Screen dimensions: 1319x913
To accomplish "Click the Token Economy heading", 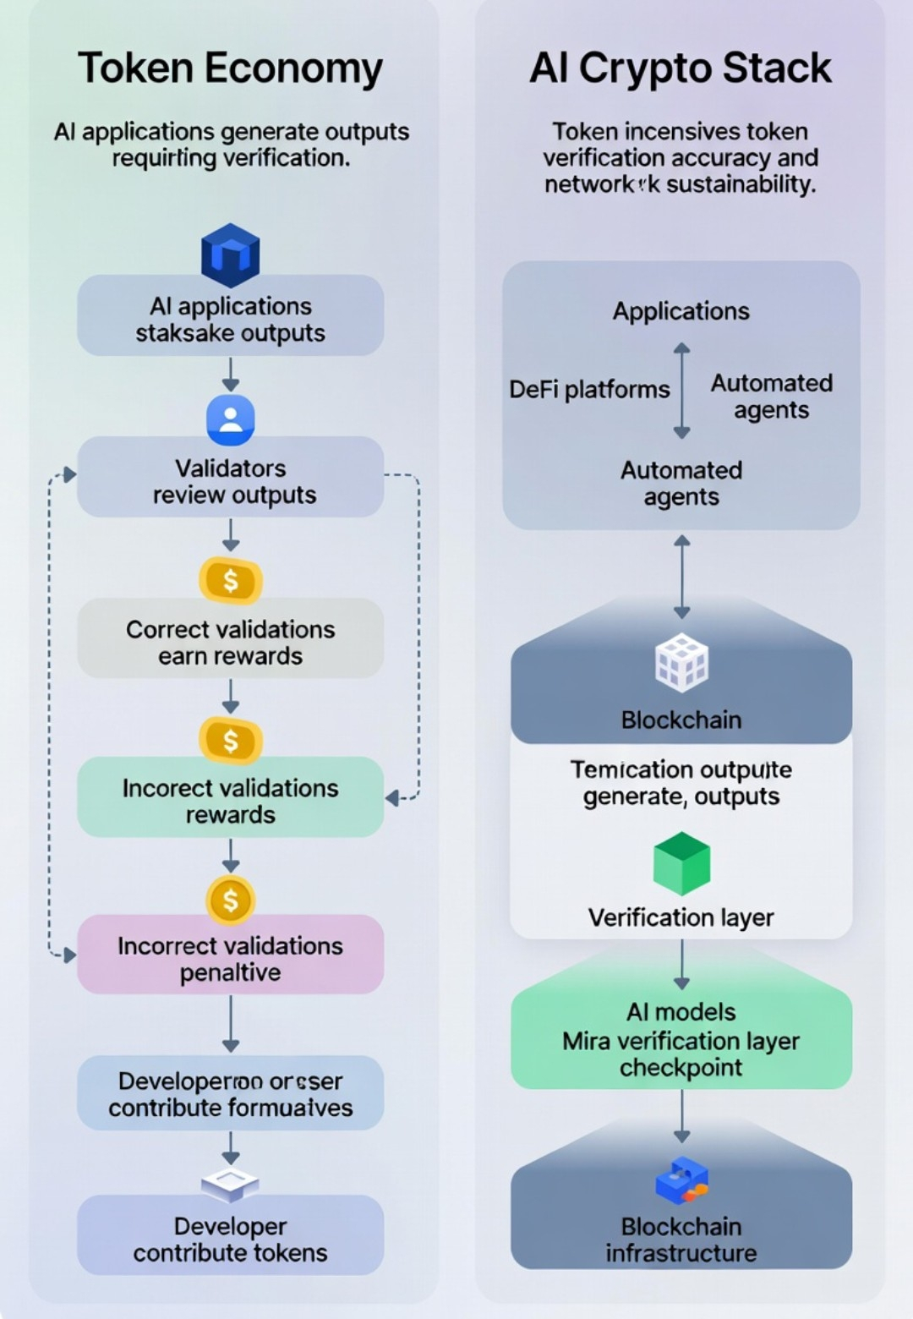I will (230, 68).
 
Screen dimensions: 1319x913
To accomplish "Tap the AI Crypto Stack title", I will (681, 68).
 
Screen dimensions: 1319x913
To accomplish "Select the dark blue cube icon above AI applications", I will (230, 254).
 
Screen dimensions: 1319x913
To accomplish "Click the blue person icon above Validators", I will (230, 419).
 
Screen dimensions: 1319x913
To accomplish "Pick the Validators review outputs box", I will (230, 480).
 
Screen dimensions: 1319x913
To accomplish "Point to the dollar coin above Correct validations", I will (230, 581).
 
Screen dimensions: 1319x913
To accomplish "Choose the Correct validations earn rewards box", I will (230, 642).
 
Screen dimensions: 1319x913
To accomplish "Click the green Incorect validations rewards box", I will (230, 800).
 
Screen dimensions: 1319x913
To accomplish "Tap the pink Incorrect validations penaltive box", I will (230, 958).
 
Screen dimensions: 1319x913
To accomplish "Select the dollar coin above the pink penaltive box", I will (230, 900).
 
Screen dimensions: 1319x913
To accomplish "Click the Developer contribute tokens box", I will (230, 1239).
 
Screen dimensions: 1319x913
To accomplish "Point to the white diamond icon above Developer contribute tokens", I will (230, 1184).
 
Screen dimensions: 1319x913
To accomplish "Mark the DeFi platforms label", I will (589, 390).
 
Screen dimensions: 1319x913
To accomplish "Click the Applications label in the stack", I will (681, 311).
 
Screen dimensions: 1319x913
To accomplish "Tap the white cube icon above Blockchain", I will (681, 663).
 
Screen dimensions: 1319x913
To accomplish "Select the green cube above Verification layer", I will (681, 863).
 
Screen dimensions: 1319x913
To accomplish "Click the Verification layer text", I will (681, 917).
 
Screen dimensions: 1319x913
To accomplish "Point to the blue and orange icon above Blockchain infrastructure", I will (681, 1180).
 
